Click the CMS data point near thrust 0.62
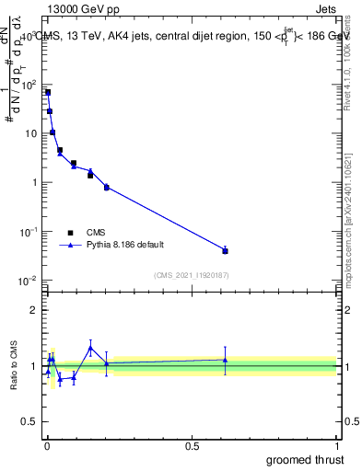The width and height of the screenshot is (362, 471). pos(225,250)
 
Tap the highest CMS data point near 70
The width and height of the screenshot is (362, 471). pos(47,92)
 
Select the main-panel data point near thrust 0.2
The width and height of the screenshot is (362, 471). pos(107,187)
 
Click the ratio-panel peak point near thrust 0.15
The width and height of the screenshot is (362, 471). pos(90,347)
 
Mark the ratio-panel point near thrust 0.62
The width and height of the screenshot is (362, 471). pos(225,360)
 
